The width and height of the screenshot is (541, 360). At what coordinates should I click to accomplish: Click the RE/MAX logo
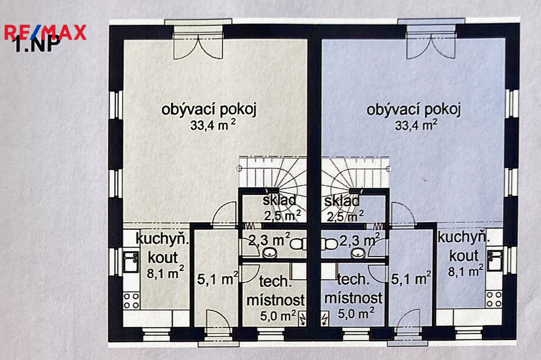45,33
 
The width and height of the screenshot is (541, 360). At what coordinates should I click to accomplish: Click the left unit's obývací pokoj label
209,109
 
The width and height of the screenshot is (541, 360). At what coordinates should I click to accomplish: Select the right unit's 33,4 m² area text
416,125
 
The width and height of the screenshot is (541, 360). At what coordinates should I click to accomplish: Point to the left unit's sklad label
279,200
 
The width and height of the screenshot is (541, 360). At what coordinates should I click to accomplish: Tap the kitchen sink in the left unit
131,262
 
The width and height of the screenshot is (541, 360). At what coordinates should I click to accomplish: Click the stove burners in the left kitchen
131,301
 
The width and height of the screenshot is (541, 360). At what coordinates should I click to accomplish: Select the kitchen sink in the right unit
495,261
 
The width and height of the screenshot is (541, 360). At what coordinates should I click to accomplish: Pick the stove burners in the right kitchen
494,299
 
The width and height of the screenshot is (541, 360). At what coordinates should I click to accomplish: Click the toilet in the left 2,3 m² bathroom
298,244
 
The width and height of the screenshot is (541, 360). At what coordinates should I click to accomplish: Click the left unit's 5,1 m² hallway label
218,279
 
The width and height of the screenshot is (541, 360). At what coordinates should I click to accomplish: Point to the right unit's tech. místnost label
353,289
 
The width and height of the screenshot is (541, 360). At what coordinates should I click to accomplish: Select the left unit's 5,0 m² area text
278,316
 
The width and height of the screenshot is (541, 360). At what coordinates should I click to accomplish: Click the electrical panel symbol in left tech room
302,319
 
